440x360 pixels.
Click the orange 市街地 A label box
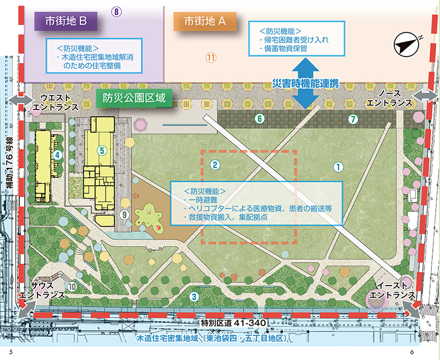pos(205,21)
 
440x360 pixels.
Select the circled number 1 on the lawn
pos(339,165)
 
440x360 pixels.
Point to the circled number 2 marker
pos(216,164)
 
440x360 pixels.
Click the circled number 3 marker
pos(194,297)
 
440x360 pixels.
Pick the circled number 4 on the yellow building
pos(57,156)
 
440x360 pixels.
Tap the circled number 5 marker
pos(102,149)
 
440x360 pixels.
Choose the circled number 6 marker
pos(260,118)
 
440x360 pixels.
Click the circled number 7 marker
pos(353,118)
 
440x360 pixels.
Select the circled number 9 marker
pos(124,214)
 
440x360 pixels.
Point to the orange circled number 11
pos(212,57)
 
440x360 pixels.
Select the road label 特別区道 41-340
pos(233,322)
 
